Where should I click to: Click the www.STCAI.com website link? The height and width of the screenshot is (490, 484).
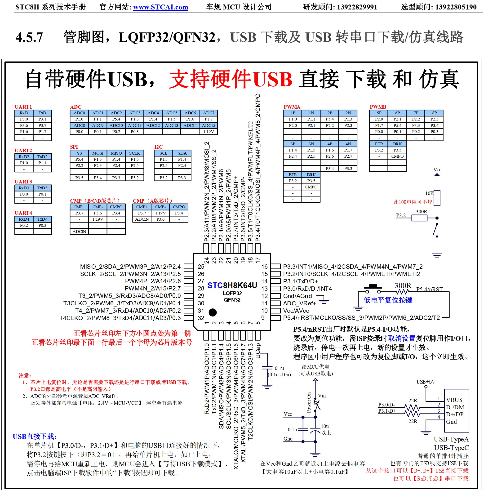click(x=160, y=7)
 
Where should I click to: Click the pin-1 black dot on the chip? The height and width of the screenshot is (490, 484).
click(x=213, y=312)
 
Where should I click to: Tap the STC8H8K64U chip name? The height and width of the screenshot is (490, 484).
click(x=232, y=285)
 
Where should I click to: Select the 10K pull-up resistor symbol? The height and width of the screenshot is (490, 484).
click(x=437, y=198)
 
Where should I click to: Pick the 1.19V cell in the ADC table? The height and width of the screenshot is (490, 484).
click(x=209, y=132)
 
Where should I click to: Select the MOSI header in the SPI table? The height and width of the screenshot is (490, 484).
click(x=98, y=153)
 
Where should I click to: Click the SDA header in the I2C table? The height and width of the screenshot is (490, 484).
click(x=182, y=153)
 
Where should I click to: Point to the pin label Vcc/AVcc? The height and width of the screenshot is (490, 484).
click(x=296, y=311)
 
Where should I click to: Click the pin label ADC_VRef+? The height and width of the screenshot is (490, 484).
click(x=299, y=303)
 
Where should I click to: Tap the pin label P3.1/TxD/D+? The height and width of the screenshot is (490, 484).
click(x=300, y=281)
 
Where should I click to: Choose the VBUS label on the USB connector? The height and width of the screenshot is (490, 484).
click(x=454, y=400)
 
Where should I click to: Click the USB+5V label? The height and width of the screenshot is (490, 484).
click(x=426, y=382)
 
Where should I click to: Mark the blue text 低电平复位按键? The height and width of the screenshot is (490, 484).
click(x=388, y=300)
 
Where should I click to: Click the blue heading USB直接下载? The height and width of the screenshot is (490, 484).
click(x=35, y=436)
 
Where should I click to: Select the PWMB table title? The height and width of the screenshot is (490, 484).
click(x=378, y=107)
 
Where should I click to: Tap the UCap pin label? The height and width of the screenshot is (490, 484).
click(x=258, y=351)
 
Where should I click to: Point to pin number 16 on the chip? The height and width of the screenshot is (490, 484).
click(x=264, y=267)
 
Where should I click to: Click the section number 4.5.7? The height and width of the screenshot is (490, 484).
click(x=29, y=37)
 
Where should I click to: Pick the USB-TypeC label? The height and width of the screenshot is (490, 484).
click(x=451, y=447)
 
